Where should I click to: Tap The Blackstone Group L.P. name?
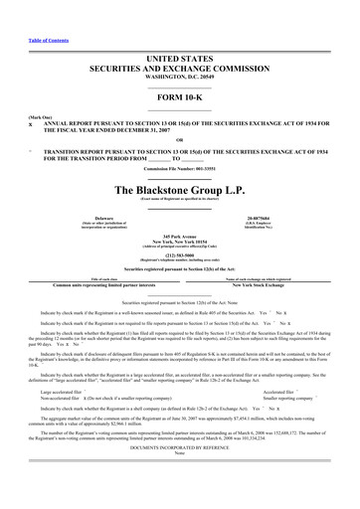point(180,189)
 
